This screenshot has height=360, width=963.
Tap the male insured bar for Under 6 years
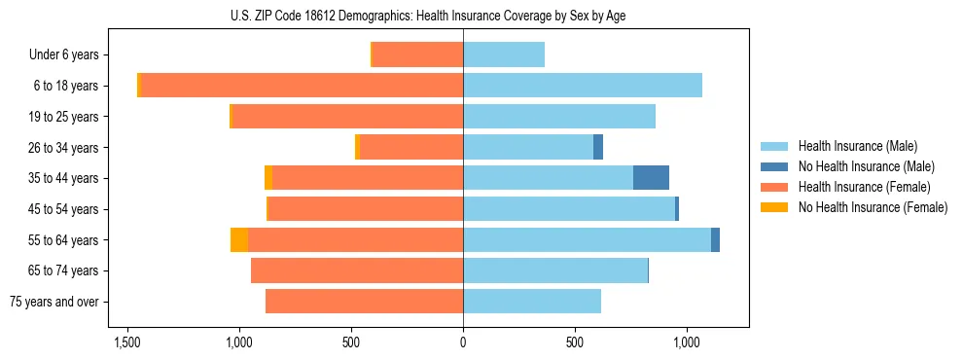tap(504, 54)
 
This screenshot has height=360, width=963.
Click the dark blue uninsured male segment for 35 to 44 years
tap(651, 178)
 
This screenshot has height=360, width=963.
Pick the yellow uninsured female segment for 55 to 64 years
tap(239, 239)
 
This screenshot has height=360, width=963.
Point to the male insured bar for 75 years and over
tap(532, 302)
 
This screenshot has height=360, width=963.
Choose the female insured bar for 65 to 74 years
tap(357, 270)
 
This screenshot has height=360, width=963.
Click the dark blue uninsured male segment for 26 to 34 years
tap(598, 147)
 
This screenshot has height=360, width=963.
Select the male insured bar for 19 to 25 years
tap(559, 117)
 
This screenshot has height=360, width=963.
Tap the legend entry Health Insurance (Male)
tap(857, 146)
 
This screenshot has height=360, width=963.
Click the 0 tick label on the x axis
tap(463, 342)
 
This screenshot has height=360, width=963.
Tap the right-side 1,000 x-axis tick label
tap(687, 342)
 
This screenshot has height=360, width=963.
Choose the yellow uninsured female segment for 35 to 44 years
tap(268, 178)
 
